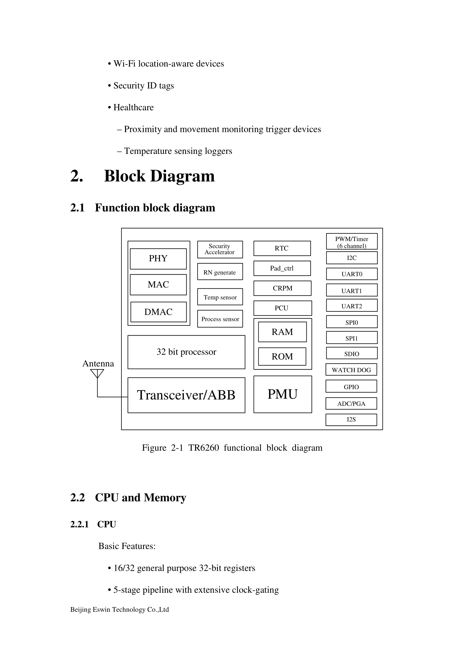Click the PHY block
click(x=158, y=259)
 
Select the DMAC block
click(x=158, y=312)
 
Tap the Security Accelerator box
click(x=220, y=249)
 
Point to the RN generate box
click(x=220, y=272)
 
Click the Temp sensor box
click(x=220, y=297)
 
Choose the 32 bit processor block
click(x=186, y=352)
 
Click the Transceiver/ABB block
click(x=186, y=395)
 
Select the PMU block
click(x=282, y=394)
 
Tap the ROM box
click(x=282, y=356)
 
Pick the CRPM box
click(x=282, y=288)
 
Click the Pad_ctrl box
click(x=282, y=268)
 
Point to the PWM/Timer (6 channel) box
click(x=352, y=242)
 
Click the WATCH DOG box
click(x=351, y=370)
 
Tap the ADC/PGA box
click(x=351, y=403)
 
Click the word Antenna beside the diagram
click(x=98, y=363)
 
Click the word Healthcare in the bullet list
click(x=134, y=107)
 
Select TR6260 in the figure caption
click(x=203, y=448)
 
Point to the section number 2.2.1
click(x=79, y=524)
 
